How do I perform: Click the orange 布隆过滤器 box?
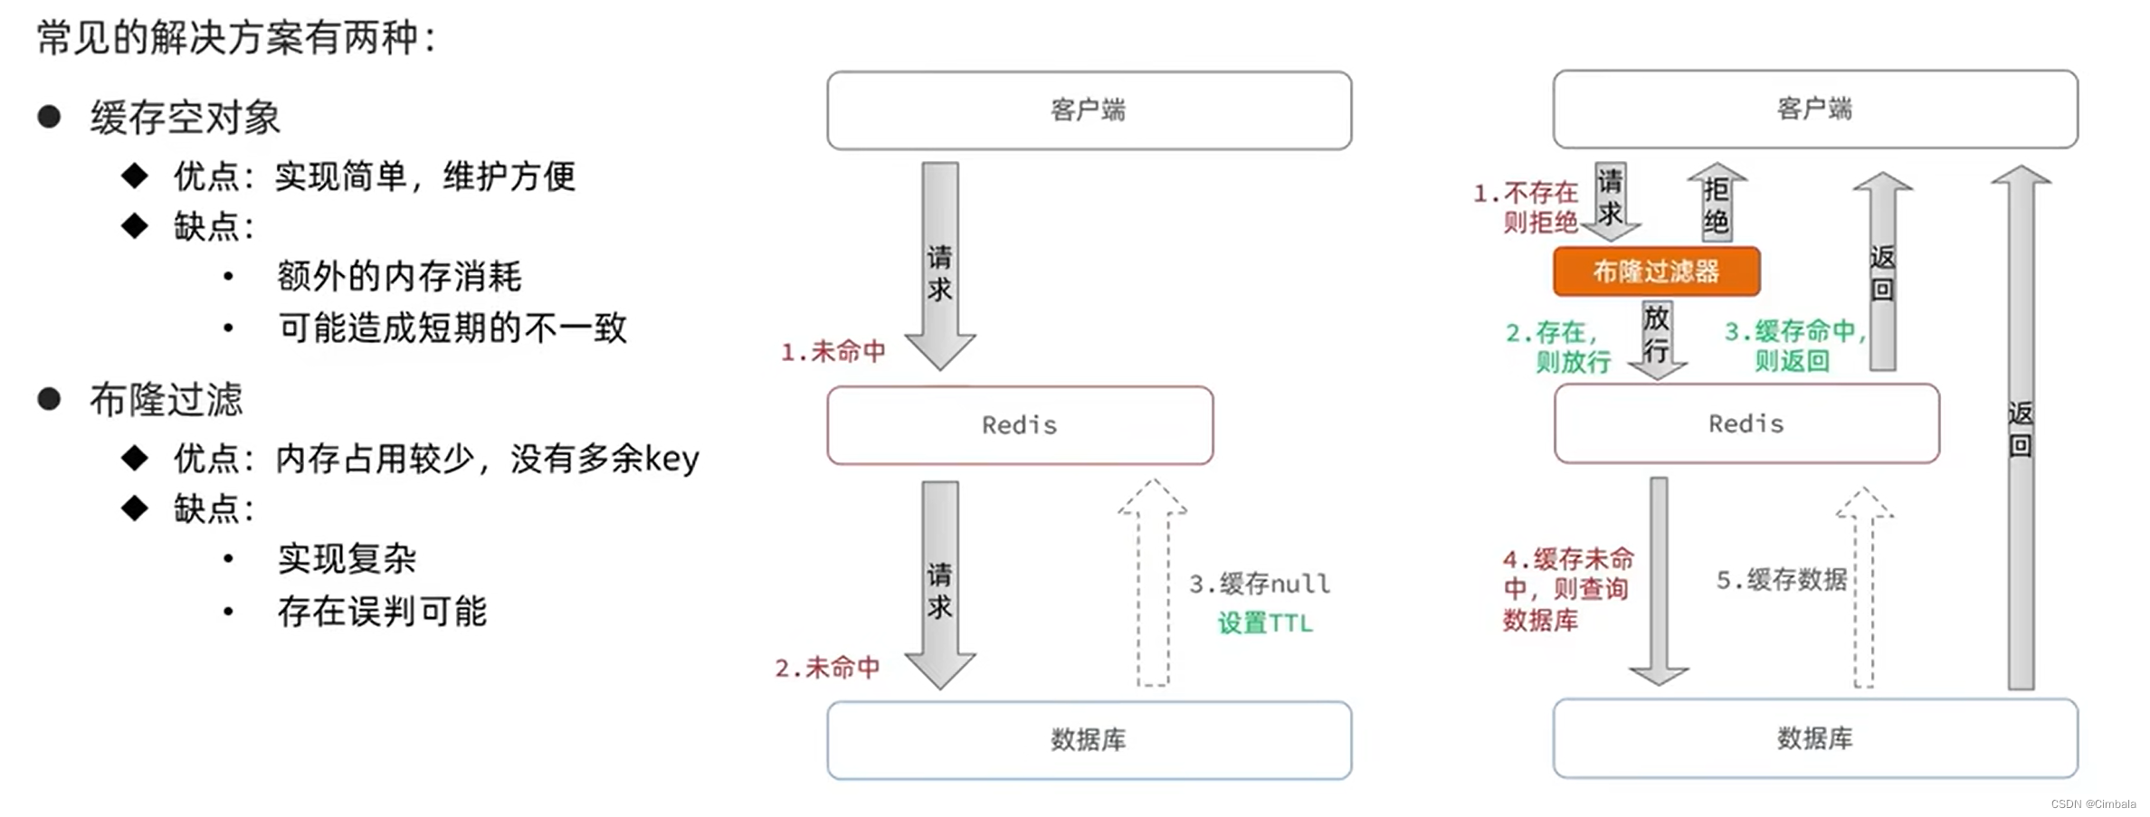pyautogui.click(x=1656, y=271)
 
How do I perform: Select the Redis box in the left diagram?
pyautogui.click(x=1020, y=425)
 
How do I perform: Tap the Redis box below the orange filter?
pyautogui.click(x=1746, y=423)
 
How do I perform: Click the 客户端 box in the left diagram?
pyautogui.click(x=1089, y=110)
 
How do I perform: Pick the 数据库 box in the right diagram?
pyautogui.click(x=1814, y=738)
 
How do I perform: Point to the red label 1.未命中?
pyautogui.click(x=833, y=351)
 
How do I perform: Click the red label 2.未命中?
pyautogui.click(x=828, y=668)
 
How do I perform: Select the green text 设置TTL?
pyautogui.click(x=1264, y=622)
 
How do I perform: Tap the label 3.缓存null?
pyautogui.click(x=1260, y=584)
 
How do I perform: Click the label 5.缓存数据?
pyautogui.click(x=1781, y=579)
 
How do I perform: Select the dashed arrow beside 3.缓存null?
pyautogui.click(x=1153, y=584)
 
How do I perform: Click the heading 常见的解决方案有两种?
pyautogui.click(x=236, y=38)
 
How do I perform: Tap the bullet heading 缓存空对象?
pyautogui.click(x=186, y=118)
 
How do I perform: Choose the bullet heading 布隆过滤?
pyautogui.click(x=166, y=400)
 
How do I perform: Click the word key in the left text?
pyautogui.click(x=671, y=459)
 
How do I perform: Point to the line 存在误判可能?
pyautogui.click(x=382, y=612)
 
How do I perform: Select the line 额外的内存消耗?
pyautogui.click(x=399, y=276)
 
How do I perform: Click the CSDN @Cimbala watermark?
pyautogui.click(x=2093, y=803)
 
